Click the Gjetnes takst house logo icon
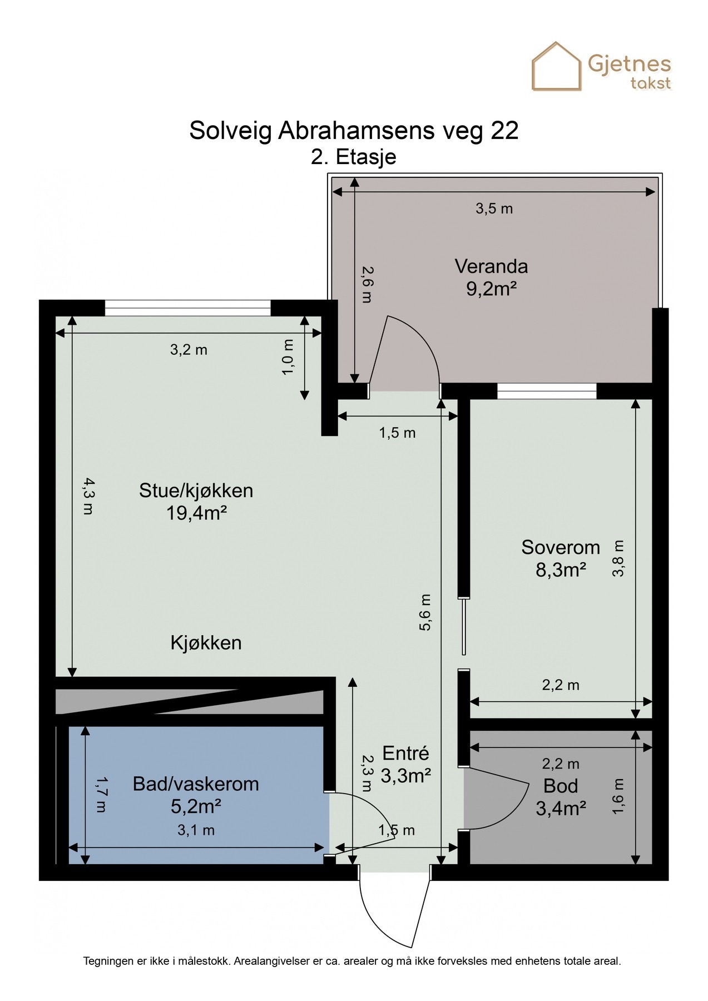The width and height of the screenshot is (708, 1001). (557, 67)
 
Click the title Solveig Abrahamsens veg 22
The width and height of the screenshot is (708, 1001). (354, 130)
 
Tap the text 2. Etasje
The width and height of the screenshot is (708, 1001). (354, 157)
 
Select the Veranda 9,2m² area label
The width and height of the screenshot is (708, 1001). (491, 277)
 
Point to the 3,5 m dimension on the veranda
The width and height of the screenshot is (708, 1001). (494, 209)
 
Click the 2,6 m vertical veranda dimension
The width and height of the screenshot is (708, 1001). (367, 284)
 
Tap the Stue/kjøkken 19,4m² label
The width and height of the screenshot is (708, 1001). (196, 501)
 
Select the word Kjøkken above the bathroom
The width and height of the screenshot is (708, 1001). (206, 643)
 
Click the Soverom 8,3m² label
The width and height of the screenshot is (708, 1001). (561, 558)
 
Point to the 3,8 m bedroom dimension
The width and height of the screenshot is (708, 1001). (618, 558)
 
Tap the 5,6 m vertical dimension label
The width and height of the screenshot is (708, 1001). (425, 612)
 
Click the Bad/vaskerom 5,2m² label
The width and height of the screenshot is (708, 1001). (196, 795)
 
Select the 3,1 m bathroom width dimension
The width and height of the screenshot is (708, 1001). (196, 830)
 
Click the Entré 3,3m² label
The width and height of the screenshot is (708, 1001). (405, 764)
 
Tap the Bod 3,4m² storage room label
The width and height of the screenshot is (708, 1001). (561, 797)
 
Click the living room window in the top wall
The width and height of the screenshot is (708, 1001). (187, 308)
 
